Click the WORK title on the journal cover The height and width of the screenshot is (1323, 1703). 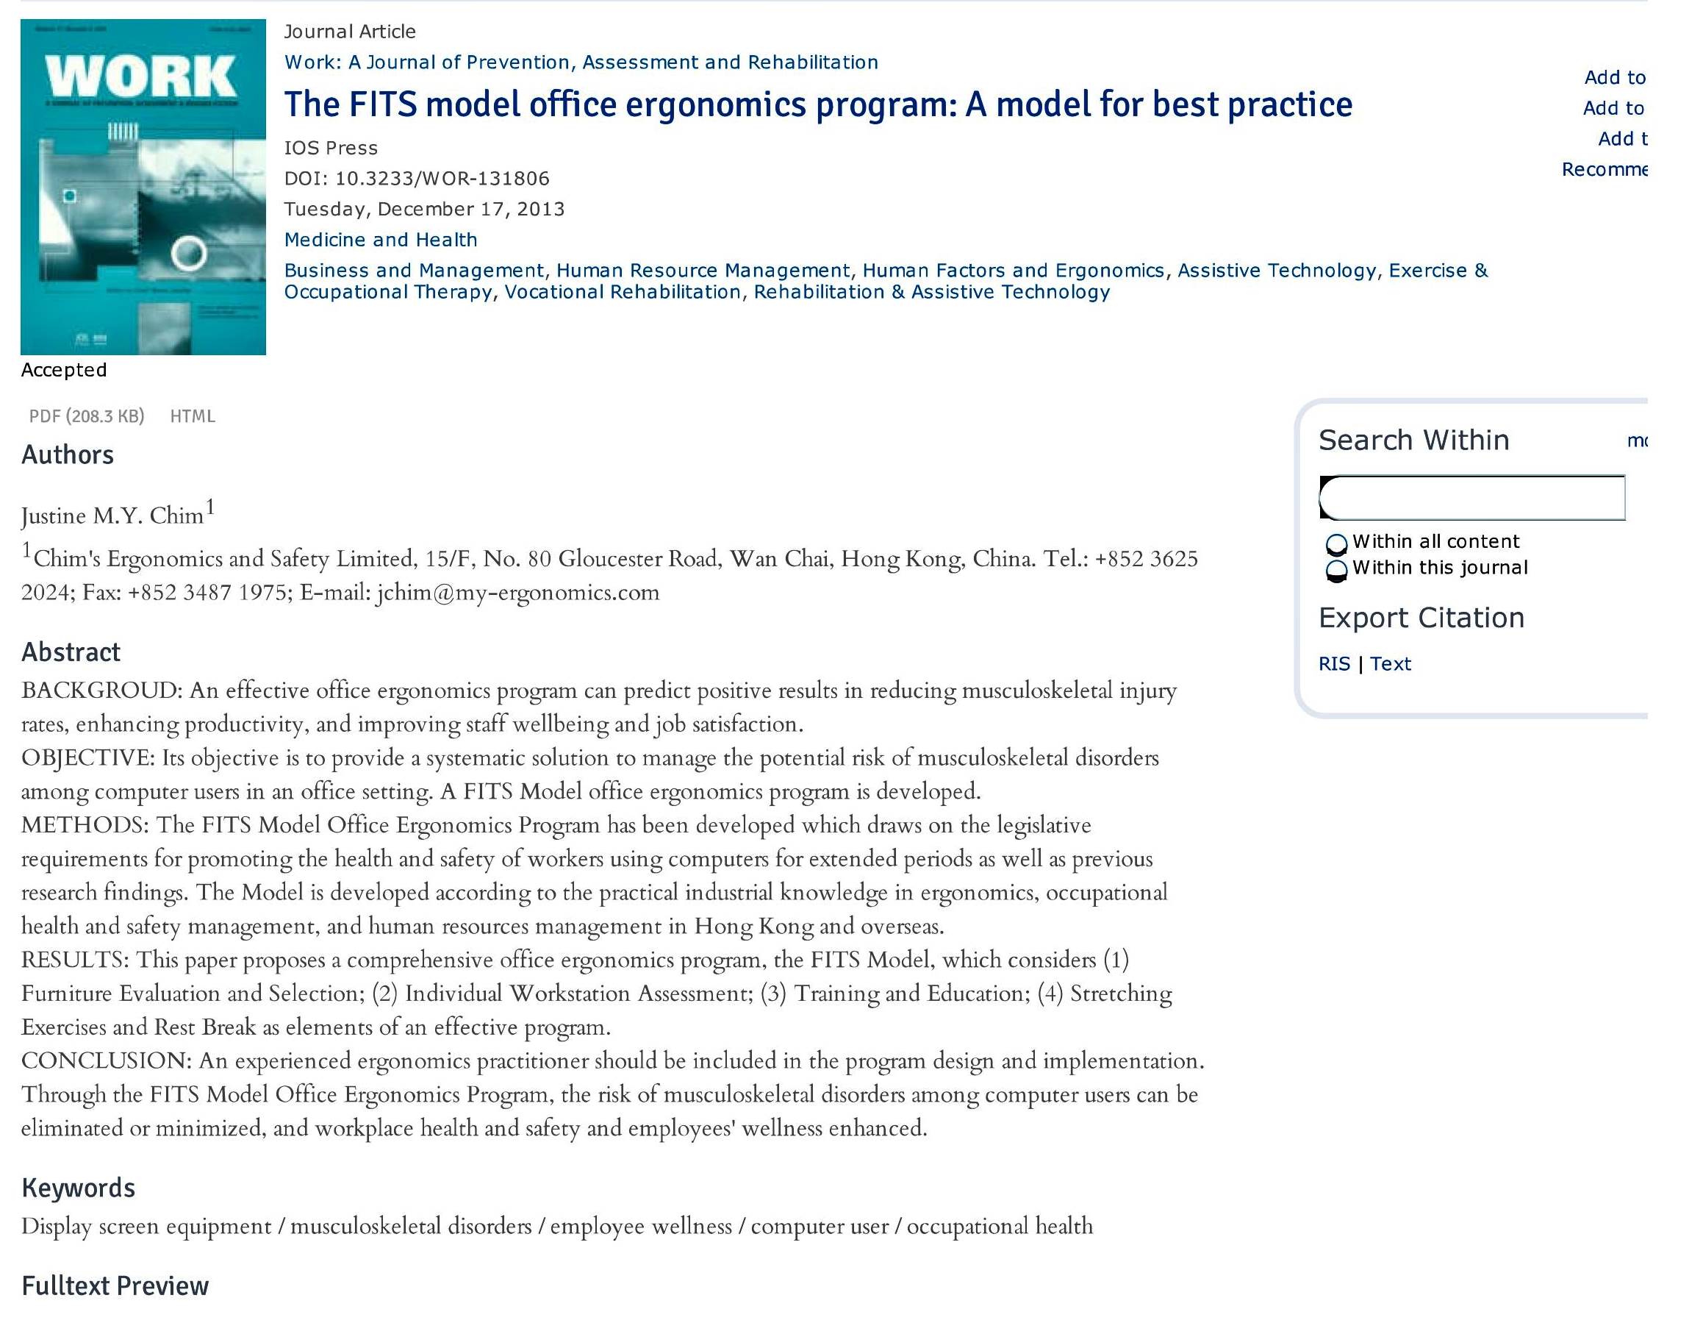pyautogui.click(x=141, y=76)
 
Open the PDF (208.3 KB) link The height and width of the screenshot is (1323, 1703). pyautogui.click(x=87, y=416)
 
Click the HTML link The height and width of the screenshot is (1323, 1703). pyautogui.click(x=192, y=416)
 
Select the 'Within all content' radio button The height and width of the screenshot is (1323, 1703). pyautogui.click(x=1335, y=543)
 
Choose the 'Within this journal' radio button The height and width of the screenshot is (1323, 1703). pyautogui.click(x=1335, y=569)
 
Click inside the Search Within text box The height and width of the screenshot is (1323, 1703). pyautogui.click(x=1472, y=498)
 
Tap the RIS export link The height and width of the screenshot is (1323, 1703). pyautogui.click(x=1333, y=664)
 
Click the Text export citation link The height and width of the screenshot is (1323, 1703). pyautogui.click(x=1391, y=664)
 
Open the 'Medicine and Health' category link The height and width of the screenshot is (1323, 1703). pyautogui.click(x=381, y=240)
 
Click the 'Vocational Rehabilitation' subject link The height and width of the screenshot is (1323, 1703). pyautogui.click(x=623, y=292)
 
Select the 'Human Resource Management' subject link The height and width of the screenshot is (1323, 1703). pyautogui.click(x=703, y=270)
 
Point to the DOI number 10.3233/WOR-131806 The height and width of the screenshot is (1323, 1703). pyautogui.click(x=441, y=179)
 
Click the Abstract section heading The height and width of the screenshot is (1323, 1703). pyautogui.click(x=71, y=652)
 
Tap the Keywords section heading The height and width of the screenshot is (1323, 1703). pyautogui.click(x=78, y=1187)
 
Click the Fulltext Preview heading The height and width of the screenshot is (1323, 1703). pyautogui.click(x=115, y=1285)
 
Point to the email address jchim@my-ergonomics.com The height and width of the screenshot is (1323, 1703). pyautogui.click(x=517, y=593)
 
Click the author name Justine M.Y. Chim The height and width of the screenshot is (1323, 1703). pyautogui.click(x=112, y=516)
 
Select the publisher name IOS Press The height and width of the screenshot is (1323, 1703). pyautogui.click(x=331, y=149)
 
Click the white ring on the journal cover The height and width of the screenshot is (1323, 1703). pyautogui.click(x=188, y=253)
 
